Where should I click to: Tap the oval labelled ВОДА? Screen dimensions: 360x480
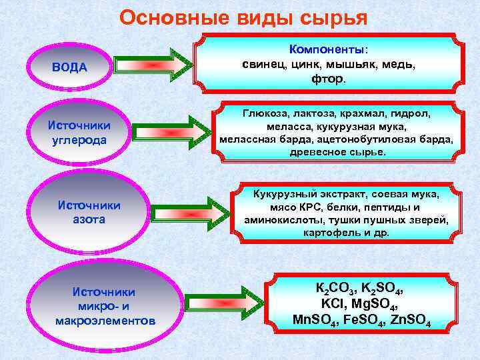(70, 67)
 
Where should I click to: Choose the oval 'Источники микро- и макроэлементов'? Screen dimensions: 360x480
(105, 306)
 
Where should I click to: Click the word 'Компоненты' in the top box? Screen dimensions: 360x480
(327, 49)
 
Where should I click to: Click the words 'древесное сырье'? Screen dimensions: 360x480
(337, 152)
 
